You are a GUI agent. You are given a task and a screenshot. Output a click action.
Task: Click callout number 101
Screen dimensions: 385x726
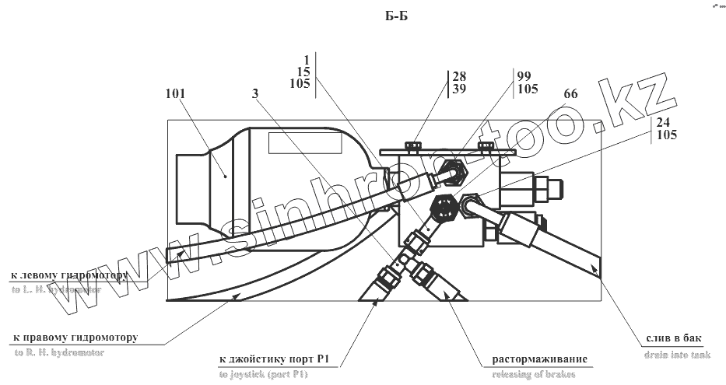(177, 94)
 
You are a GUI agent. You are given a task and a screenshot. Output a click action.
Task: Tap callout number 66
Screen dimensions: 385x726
(570, 94)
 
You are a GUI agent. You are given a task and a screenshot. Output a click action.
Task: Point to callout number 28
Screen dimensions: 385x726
(459, 76)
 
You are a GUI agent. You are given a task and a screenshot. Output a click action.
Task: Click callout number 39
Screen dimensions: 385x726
(459, 89)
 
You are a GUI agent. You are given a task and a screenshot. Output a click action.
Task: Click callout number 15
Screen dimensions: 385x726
(304, 72)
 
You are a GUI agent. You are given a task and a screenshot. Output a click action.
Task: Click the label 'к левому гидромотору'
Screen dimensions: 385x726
(68, 275)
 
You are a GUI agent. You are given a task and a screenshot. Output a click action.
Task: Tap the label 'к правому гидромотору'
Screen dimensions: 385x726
(75, 338)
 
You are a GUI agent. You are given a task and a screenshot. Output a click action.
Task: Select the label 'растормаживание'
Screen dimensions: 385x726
(538, 359)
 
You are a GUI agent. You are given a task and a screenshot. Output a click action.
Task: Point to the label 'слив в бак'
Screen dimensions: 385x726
(674, 338)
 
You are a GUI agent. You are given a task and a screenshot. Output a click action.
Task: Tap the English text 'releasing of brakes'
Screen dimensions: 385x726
(537, 375)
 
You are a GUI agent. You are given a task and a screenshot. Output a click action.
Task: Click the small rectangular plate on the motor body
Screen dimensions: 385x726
(298, 144)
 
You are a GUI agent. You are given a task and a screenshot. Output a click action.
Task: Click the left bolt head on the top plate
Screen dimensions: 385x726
(411, 145)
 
